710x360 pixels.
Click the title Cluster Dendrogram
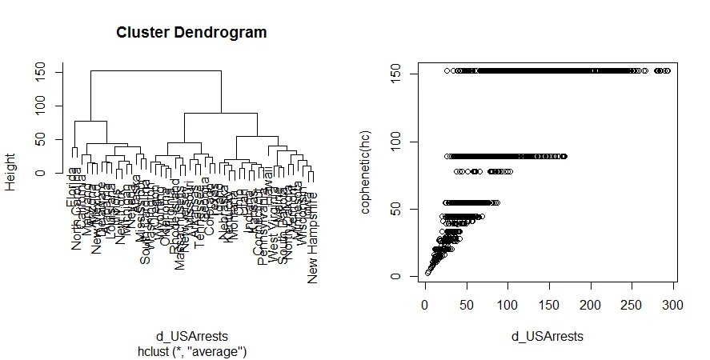click(191, 33)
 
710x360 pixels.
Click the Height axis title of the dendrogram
click(10, 173)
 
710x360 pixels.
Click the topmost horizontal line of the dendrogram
click(156, 71)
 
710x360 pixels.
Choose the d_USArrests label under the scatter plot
click(548, 337)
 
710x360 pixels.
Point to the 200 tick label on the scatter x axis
click(591, 306)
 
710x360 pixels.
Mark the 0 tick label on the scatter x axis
click(424, 306)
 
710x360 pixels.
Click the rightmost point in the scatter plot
click(667, 70)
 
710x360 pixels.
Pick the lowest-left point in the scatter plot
click(427, 273)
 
